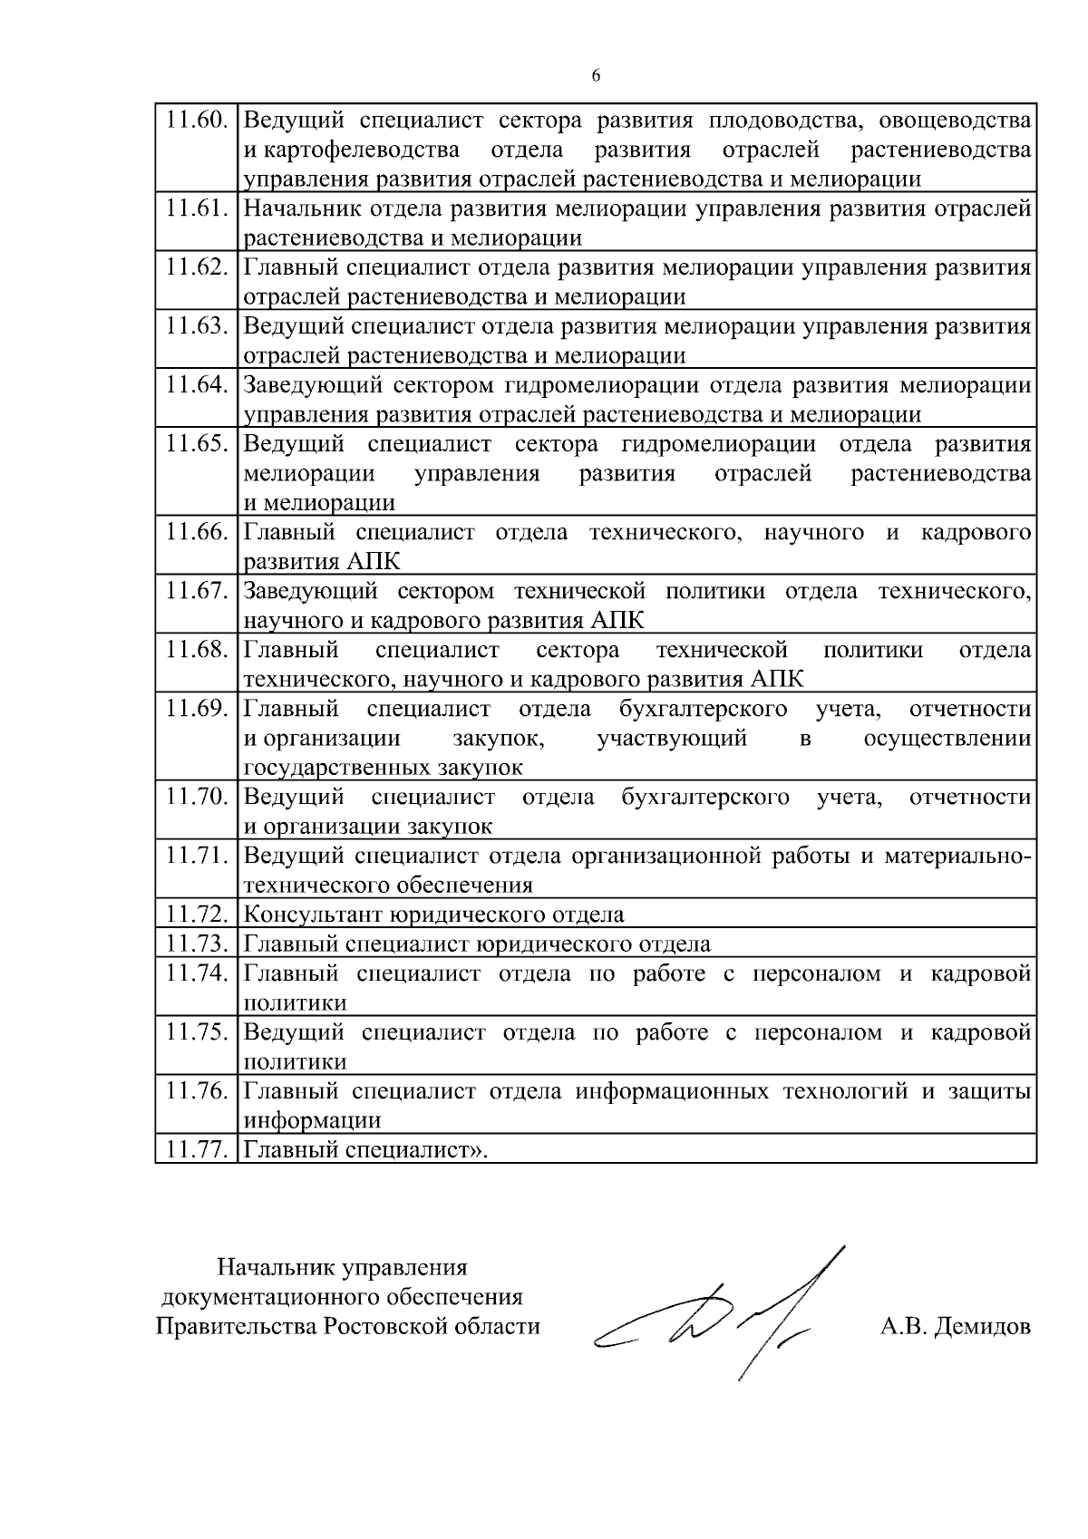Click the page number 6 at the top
point(596,76)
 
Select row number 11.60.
point(196,120)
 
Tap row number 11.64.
point(196,385)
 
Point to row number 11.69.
point(196,709)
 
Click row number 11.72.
point(196,914)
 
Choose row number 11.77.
point(196,1150)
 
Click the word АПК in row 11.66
point(373,562)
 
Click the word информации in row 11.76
point(312,1121)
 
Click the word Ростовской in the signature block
point(382,1327)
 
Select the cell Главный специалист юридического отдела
point(477,944)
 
